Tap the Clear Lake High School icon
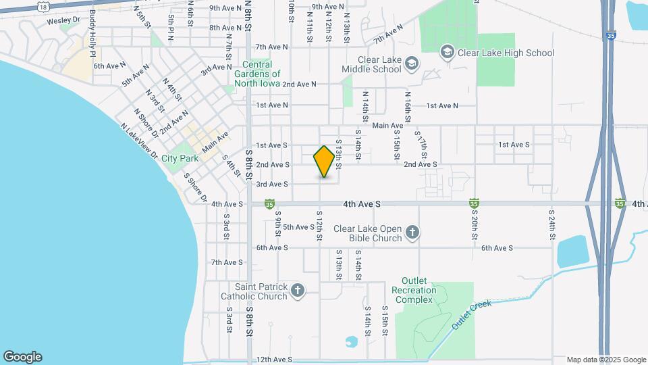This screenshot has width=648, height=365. click(x=446, y=52)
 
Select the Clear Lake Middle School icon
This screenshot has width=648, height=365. click(x=412, y=64)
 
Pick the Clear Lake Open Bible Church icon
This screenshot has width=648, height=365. click(x=412, y=233)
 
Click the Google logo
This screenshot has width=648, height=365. click(x=22, y=357)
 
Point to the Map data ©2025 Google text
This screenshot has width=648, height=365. click(x=605, y=360)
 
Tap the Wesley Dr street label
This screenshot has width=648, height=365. click(x=63, y=21)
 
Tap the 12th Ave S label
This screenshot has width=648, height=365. click(x=273, y=360)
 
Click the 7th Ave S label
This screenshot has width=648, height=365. click(x=227, y=262)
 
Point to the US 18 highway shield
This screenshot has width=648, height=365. click(x=44, y=6)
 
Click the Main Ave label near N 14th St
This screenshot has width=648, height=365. click(x=387, y=126)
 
